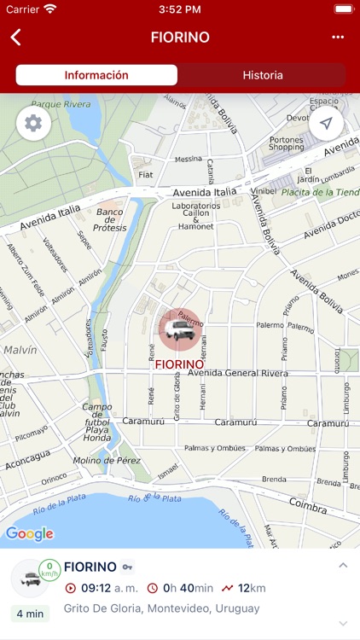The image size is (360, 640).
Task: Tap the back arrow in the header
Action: tap(15, 37)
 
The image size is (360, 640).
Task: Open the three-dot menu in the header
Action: tap(338, 37)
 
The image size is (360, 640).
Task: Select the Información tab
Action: tap(96, 75)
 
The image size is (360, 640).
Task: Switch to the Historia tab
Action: tap(263, 75)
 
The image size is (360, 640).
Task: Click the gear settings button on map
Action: tap(33, 124)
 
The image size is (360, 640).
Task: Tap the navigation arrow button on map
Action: tap(326, 124)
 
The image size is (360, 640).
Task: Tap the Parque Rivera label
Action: tap(61, 104)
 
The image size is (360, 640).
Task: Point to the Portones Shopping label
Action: tap(286, 143)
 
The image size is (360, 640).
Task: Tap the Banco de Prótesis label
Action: tap(109, 220)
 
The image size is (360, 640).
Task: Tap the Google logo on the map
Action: tap(29, 534)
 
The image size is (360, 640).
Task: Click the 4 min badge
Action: tap(29, 614)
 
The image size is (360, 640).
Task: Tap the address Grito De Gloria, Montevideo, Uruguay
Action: tap(161, 608)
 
